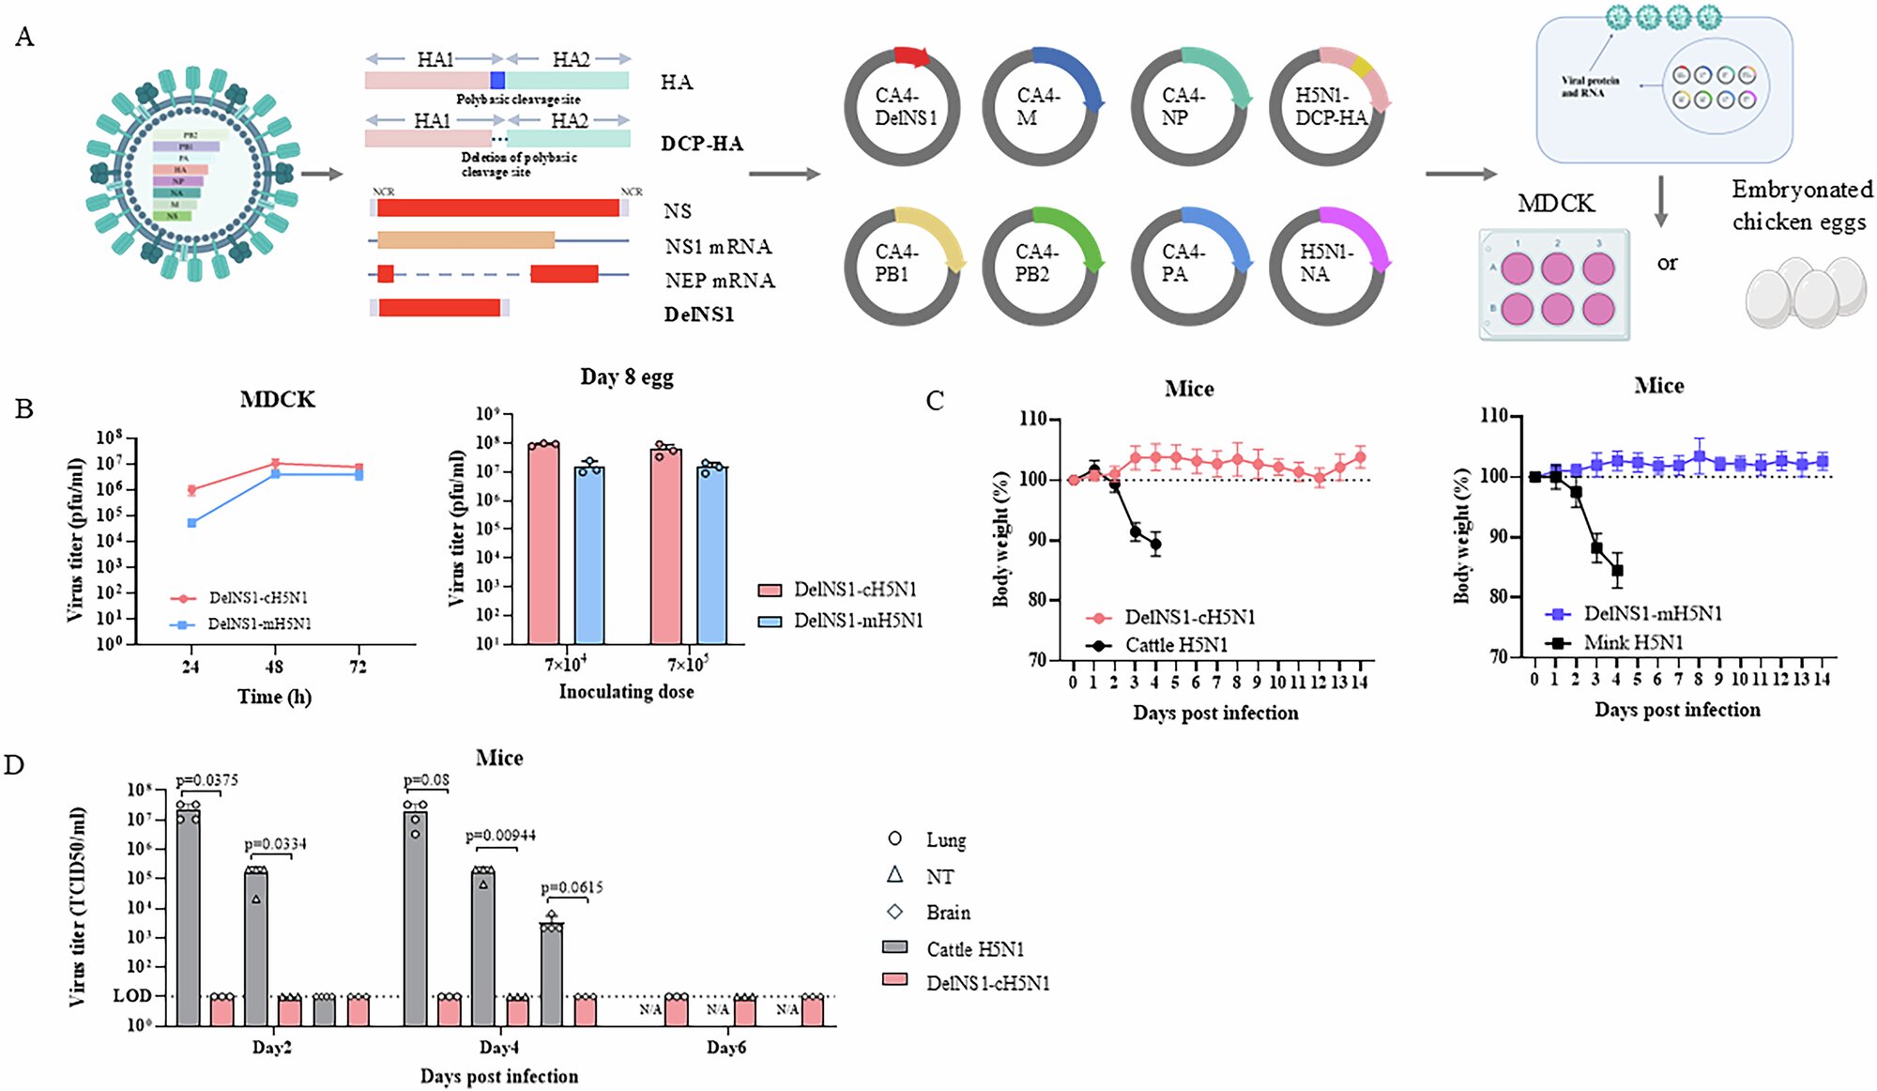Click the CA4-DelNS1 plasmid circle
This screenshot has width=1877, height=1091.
902,107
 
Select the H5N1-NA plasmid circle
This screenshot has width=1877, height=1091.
1326,266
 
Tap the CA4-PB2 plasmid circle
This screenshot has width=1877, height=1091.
1040,266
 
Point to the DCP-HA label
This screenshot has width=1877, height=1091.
702,144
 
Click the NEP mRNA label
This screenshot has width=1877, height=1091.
720,281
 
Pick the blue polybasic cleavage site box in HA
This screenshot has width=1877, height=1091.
497,80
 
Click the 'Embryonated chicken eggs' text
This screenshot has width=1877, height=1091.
1801,206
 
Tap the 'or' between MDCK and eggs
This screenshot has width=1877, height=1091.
1667,264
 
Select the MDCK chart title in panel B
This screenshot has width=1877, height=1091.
278,400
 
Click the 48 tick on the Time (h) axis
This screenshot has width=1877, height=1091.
274,667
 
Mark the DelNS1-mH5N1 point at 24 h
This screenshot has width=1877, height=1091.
191,523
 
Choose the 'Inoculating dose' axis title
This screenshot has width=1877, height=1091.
626,692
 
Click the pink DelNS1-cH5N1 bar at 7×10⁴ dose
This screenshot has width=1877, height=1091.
543,543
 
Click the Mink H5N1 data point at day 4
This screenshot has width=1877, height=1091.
1617,570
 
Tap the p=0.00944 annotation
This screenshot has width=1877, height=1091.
501,836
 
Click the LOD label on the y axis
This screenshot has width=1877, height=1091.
131,995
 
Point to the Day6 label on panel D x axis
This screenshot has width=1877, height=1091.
726,1047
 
